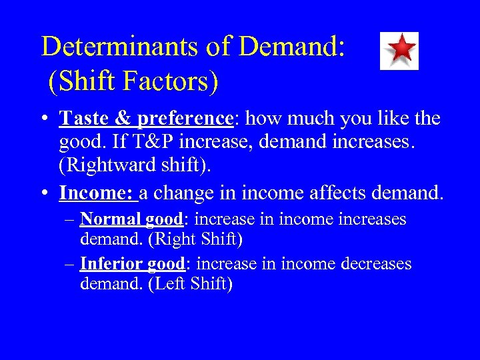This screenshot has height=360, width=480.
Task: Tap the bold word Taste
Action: (x=83, y=119)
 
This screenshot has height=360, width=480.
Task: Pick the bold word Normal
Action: (x=111, y=219)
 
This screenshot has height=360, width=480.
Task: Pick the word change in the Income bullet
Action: (x=190, y=193)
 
